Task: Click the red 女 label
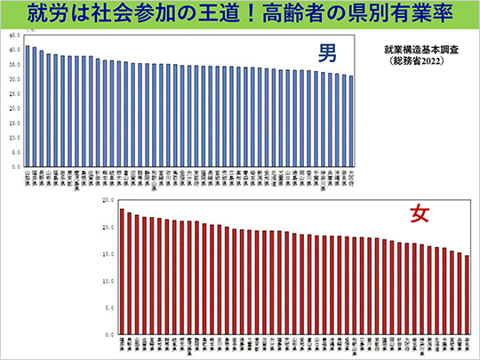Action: click(419, 214)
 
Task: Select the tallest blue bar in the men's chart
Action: click(28, 106)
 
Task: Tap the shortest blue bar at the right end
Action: click(352, 121)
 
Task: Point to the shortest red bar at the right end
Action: click(467, 284)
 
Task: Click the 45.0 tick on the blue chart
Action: click(15, 35)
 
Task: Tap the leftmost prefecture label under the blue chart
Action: click(28, 178)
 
